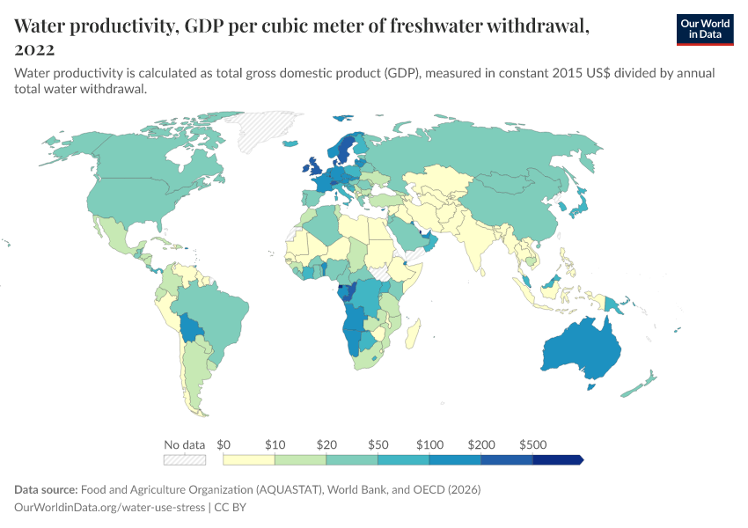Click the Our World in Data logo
(x=705, y=29)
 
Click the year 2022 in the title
(x=34, y=49)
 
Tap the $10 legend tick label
(x=275, y=444)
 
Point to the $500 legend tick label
(x=533, y=444)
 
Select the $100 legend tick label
(x=429, y=444)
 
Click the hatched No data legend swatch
(x=185, y=459)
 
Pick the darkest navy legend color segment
(x=557, y=459)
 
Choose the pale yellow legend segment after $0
(x=249, y=459)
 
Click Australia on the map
(x=581, y=348)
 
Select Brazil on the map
(x=211, y=312)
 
